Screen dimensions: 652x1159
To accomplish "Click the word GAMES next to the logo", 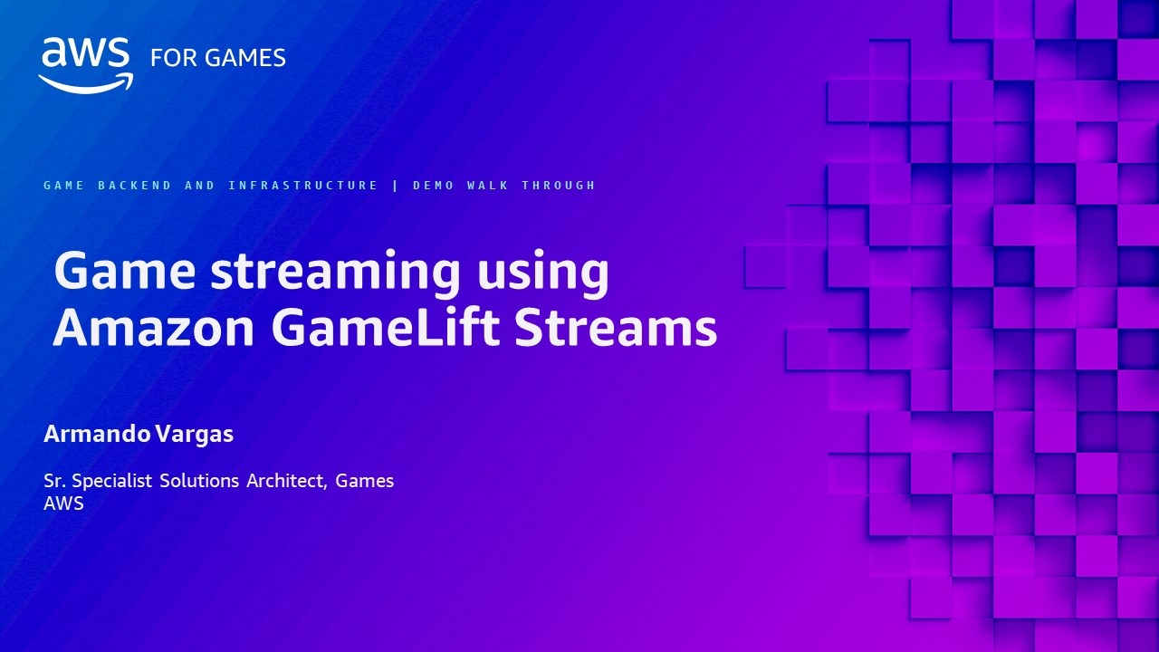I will pyautogui.click(x=244, y=58).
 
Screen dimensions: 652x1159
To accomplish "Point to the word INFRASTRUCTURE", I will pyautogui.click(x=303, y=186).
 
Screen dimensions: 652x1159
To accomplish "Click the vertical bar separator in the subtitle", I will pyautogui.click(x=396, y=186).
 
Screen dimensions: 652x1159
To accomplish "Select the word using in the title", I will pyautogui.click(x=541, y=272).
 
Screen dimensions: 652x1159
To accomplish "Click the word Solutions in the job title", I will pyautogui.click(x=200, y=481).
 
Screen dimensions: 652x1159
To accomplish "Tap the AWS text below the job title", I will pyautogui.click(x=63, y=504).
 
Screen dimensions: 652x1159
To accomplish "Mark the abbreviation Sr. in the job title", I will pyautogui.click(x=54, y=481).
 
